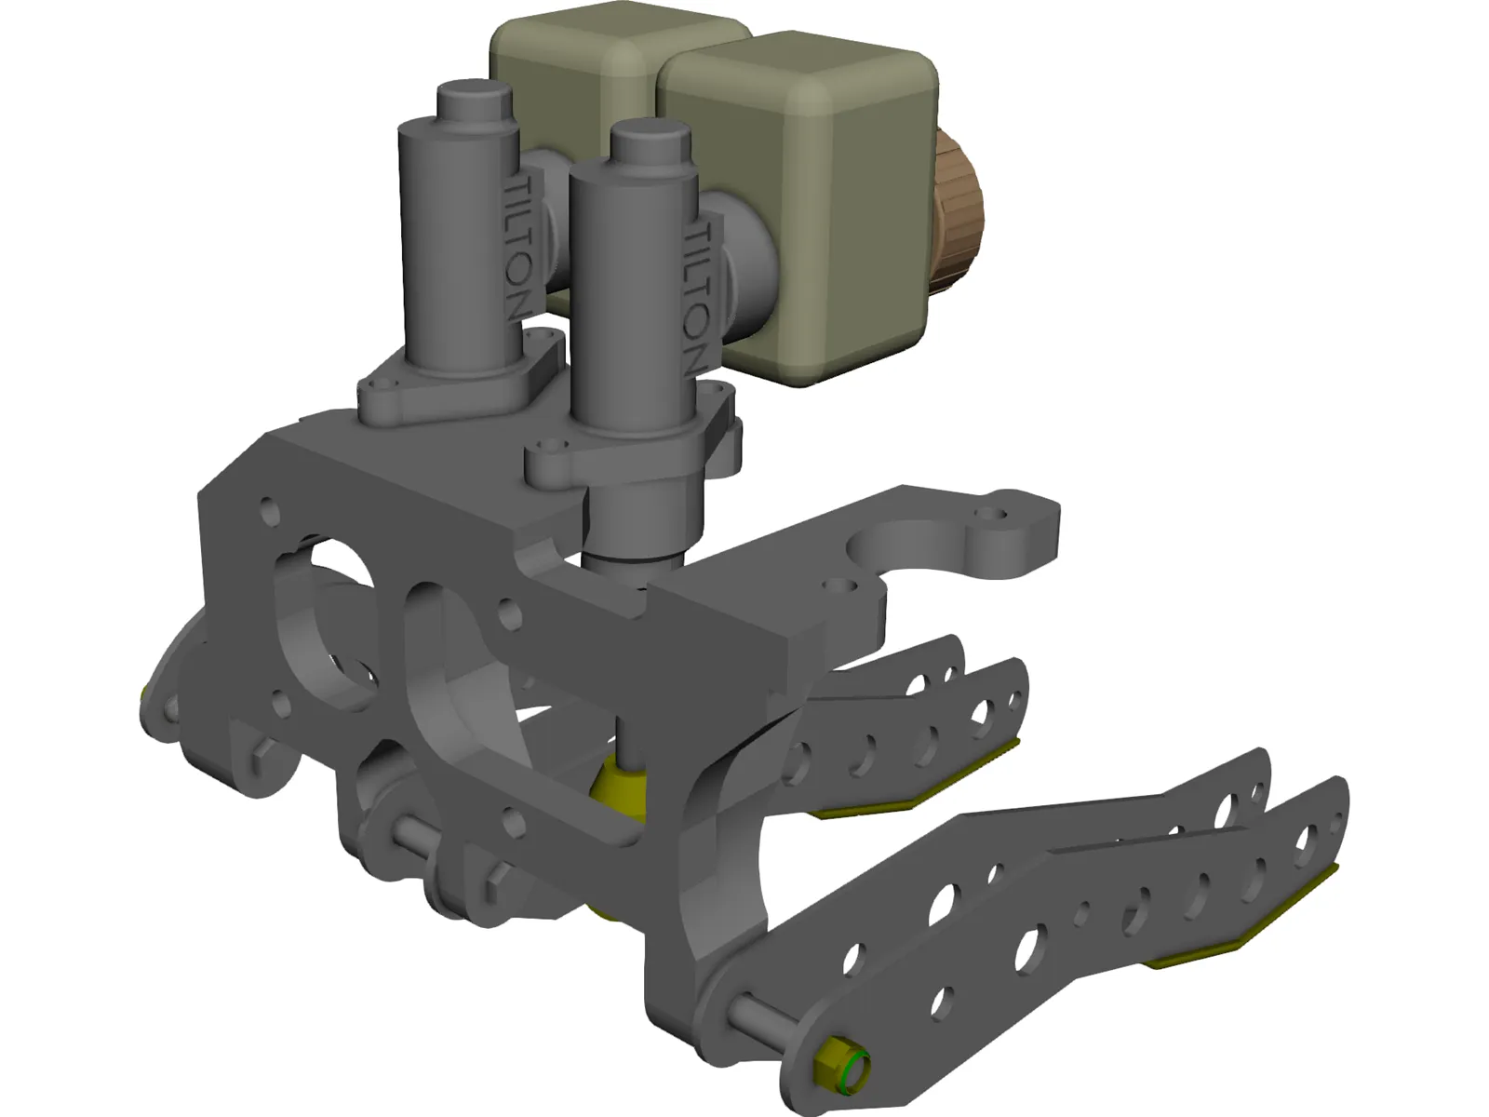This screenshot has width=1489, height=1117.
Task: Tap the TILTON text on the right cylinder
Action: [x=698, y=298]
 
